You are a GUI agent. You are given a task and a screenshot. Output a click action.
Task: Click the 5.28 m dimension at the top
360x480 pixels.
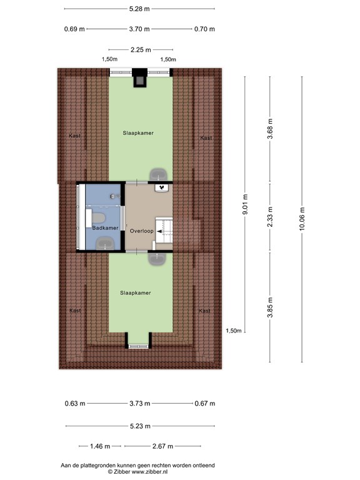click(x=139, y=9)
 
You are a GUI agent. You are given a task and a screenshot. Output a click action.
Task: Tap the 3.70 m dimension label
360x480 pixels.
click(x=139, y=29)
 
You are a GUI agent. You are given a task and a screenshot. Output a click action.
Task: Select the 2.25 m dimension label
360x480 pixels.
click(x=141, y=49)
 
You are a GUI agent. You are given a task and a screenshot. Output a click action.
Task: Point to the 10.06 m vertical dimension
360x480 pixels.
click(x=302, y=218)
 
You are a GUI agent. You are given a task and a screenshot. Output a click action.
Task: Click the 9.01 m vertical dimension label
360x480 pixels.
click(x=245, y=204)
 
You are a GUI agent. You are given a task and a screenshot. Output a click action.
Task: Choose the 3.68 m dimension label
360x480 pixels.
click(x=270, y=129)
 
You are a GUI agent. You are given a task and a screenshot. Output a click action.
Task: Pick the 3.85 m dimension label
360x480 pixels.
click(x=270, y=307)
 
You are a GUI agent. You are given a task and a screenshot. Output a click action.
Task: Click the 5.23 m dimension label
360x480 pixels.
click(x=140, y=426)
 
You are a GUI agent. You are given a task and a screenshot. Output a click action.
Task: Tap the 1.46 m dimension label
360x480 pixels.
click(x=100, y=446)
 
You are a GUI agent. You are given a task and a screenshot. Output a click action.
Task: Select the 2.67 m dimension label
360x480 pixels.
click(x=163, y=446)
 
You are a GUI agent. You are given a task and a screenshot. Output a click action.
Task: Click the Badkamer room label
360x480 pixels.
click(x=105, y=228)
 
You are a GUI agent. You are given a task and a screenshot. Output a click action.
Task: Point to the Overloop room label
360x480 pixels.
click(x=141, y=231)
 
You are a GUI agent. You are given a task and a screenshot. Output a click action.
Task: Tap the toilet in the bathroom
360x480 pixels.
click(x=96, y=218)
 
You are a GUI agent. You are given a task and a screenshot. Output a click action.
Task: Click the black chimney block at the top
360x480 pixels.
click(x=140, y=77)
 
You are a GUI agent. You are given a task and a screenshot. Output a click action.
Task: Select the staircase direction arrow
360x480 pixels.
click(x=160, y=232)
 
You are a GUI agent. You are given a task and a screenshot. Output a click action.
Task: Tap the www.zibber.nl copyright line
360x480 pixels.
click(x=137, y=472)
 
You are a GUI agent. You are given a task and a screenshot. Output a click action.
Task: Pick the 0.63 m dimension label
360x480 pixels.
click(x=75, y=404)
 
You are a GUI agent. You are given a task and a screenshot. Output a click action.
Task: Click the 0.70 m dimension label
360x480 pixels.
click(x=204, y=29)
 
